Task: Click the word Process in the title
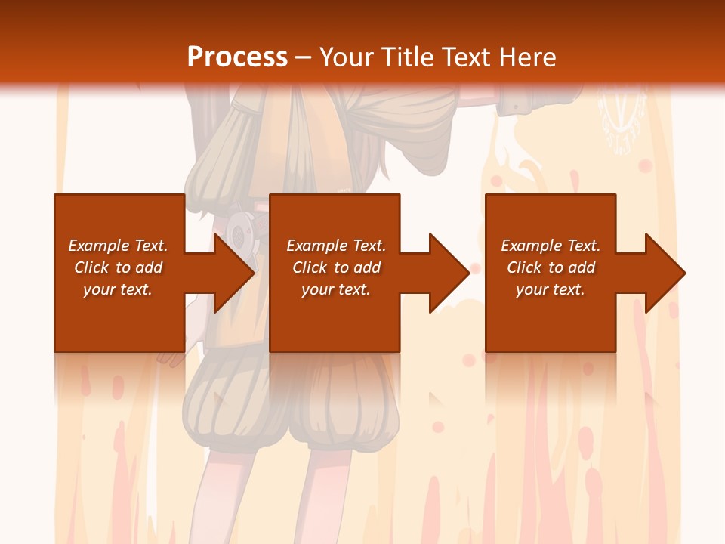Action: [x=237, y=57]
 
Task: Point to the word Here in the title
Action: [x=526, y=57]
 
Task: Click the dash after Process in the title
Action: [x=304, y=57]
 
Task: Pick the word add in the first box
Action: [x=149, y=267]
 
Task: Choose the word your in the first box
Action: [x=99, y=289]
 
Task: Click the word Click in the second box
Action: [x=310, y=267]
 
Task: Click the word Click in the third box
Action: [x=525, y=267]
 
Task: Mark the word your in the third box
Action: [x=532, y=289]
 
